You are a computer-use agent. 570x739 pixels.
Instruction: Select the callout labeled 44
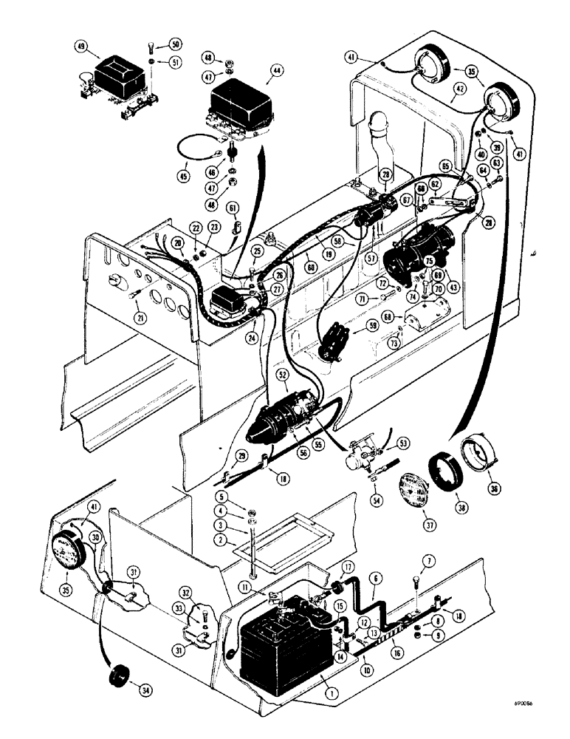tap(276, 69)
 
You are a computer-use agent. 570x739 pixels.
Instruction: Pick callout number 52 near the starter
tap(283, 375)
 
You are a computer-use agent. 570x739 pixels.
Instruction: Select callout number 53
tap(404, 443)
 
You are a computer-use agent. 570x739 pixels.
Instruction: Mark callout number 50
tap(175, 44)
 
